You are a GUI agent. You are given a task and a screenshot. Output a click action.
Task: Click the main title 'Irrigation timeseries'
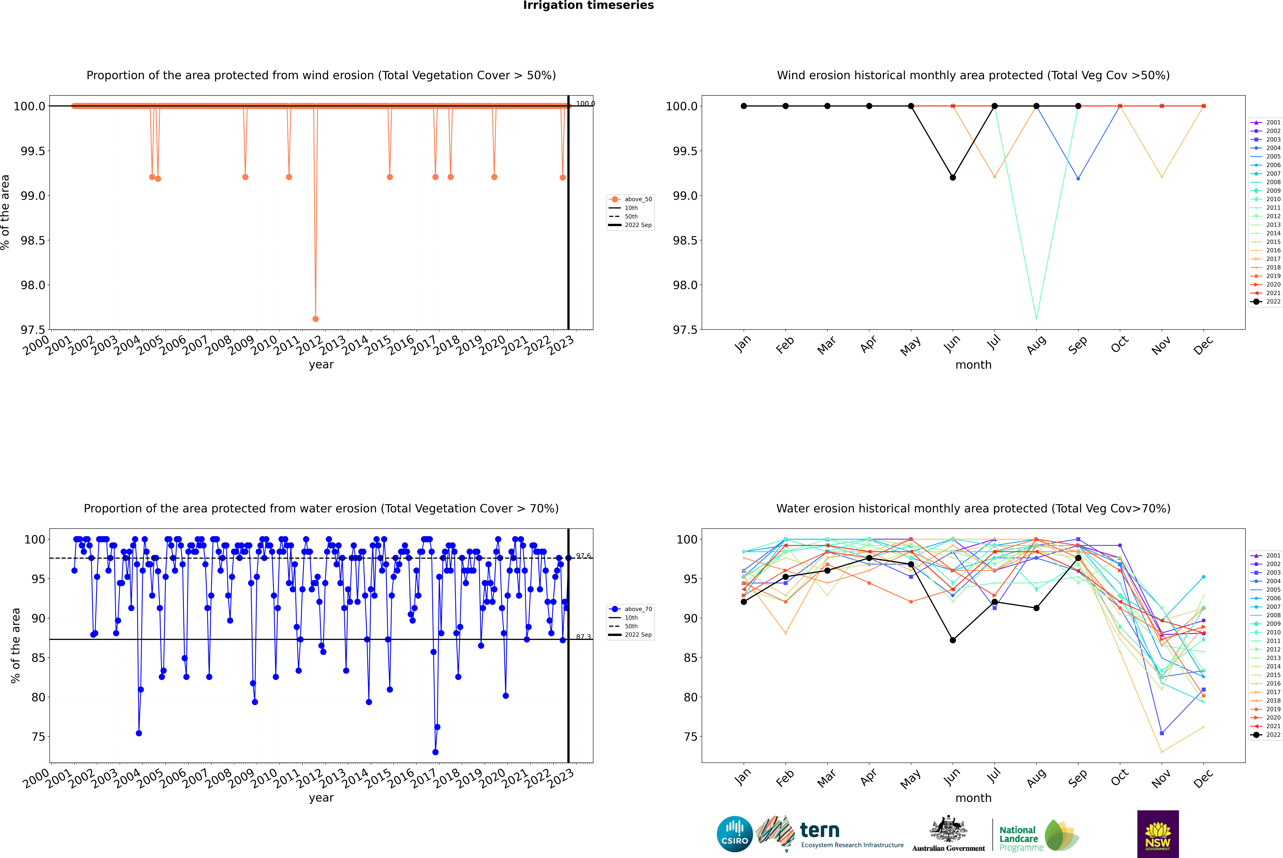588,5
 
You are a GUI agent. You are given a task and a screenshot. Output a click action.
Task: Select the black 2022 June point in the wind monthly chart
953,177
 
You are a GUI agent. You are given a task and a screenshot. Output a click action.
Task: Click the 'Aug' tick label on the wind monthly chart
1036,345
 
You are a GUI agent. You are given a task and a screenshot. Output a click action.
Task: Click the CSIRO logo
735,835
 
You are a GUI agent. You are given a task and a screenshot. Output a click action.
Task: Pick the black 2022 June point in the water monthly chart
953,640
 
